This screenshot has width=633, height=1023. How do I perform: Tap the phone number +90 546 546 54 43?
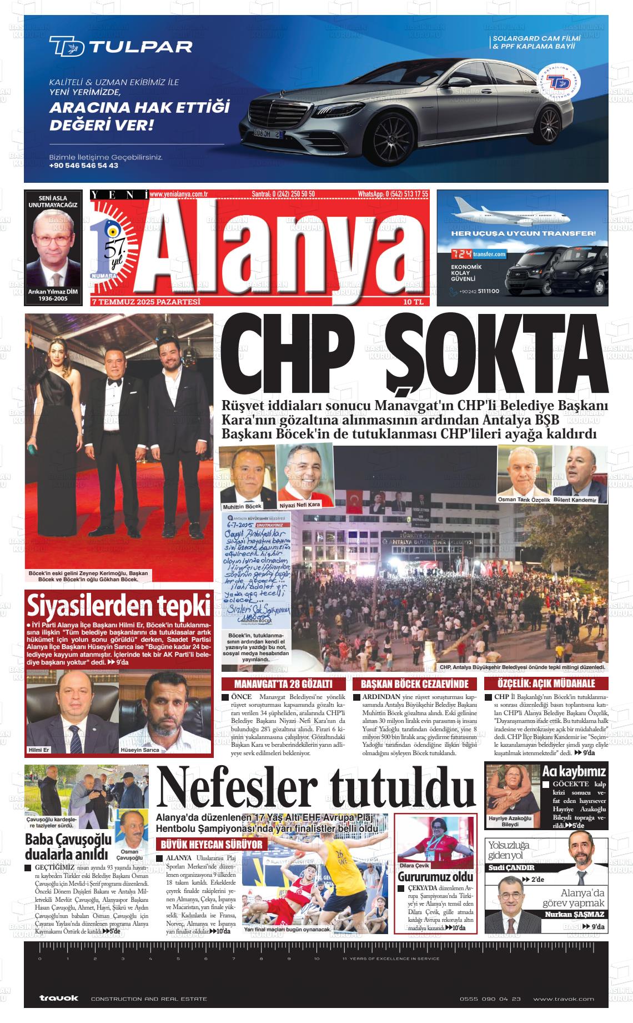[x=83, y=166]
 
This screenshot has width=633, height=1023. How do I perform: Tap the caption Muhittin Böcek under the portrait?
[x=242, y=507]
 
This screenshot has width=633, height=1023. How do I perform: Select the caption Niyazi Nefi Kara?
[x=300, y=505]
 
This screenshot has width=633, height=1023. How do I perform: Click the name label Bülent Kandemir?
[x=579, y=500]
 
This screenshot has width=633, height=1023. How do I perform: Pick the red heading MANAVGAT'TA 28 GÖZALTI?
[x=283, y=683]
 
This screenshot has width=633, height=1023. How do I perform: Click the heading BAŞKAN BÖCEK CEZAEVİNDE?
[x=414, y=683]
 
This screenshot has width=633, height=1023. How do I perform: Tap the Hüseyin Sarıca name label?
[x=140, y=750]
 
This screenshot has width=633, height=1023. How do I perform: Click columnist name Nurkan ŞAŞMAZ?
[x=574, y=914]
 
